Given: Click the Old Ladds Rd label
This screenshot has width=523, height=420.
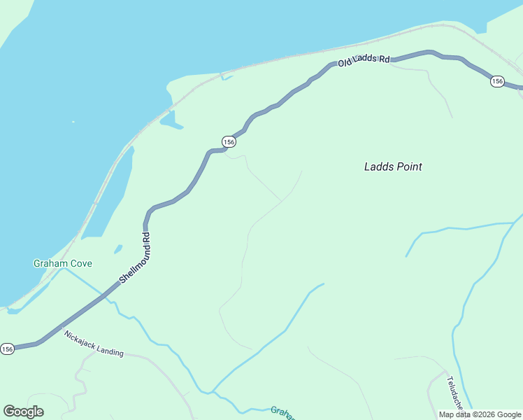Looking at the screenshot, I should tap(364, 61).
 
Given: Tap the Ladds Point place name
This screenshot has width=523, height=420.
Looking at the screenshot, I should tap(393, 167).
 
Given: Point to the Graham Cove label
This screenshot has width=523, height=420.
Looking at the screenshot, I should tap(63, 264).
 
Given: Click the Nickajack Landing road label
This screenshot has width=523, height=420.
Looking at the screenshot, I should tap(94, 344).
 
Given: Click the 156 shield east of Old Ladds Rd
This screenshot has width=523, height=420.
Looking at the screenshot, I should tap(497, 81).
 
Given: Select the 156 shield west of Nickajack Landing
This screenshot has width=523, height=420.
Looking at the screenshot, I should tap(7, 349).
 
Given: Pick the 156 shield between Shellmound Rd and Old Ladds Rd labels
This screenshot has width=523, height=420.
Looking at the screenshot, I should tap(229, 141).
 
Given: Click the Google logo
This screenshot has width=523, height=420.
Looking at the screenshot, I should tap(23, 411).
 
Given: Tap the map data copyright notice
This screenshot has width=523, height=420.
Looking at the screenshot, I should tap(480, 414).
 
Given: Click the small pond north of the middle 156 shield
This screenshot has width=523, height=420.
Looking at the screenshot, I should tap(170, 120).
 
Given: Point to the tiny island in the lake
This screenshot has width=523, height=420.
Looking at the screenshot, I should tap(73, 122).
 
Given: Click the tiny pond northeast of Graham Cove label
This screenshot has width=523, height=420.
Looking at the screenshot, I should tap(118, 248).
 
